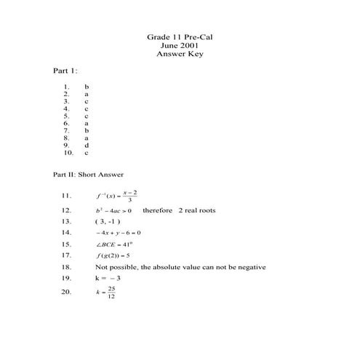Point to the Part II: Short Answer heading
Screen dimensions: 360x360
pyautogui.click(x=88, y=175)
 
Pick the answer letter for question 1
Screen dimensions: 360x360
pyautogui.click(x=87, y=87)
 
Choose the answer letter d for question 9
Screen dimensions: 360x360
pyautogui.click(x=87, y=145)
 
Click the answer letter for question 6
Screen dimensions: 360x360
pyautogui.click(x=87, y=123)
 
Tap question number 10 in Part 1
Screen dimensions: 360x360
pyautogui.click(x=68, y=153)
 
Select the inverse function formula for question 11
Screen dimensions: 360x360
pyautogui.click(x=117, y=196)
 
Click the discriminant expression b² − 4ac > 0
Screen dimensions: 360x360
pyautogui.click(x=113, y=210)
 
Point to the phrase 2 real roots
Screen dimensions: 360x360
pyautogui.click(x=197, y=210)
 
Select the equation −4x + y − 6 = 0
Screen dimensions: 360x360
pyautogui.click(x=118, y=232)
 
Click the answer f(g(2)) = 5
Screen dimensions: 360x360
pyautogui.click(x=113, y=255)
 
